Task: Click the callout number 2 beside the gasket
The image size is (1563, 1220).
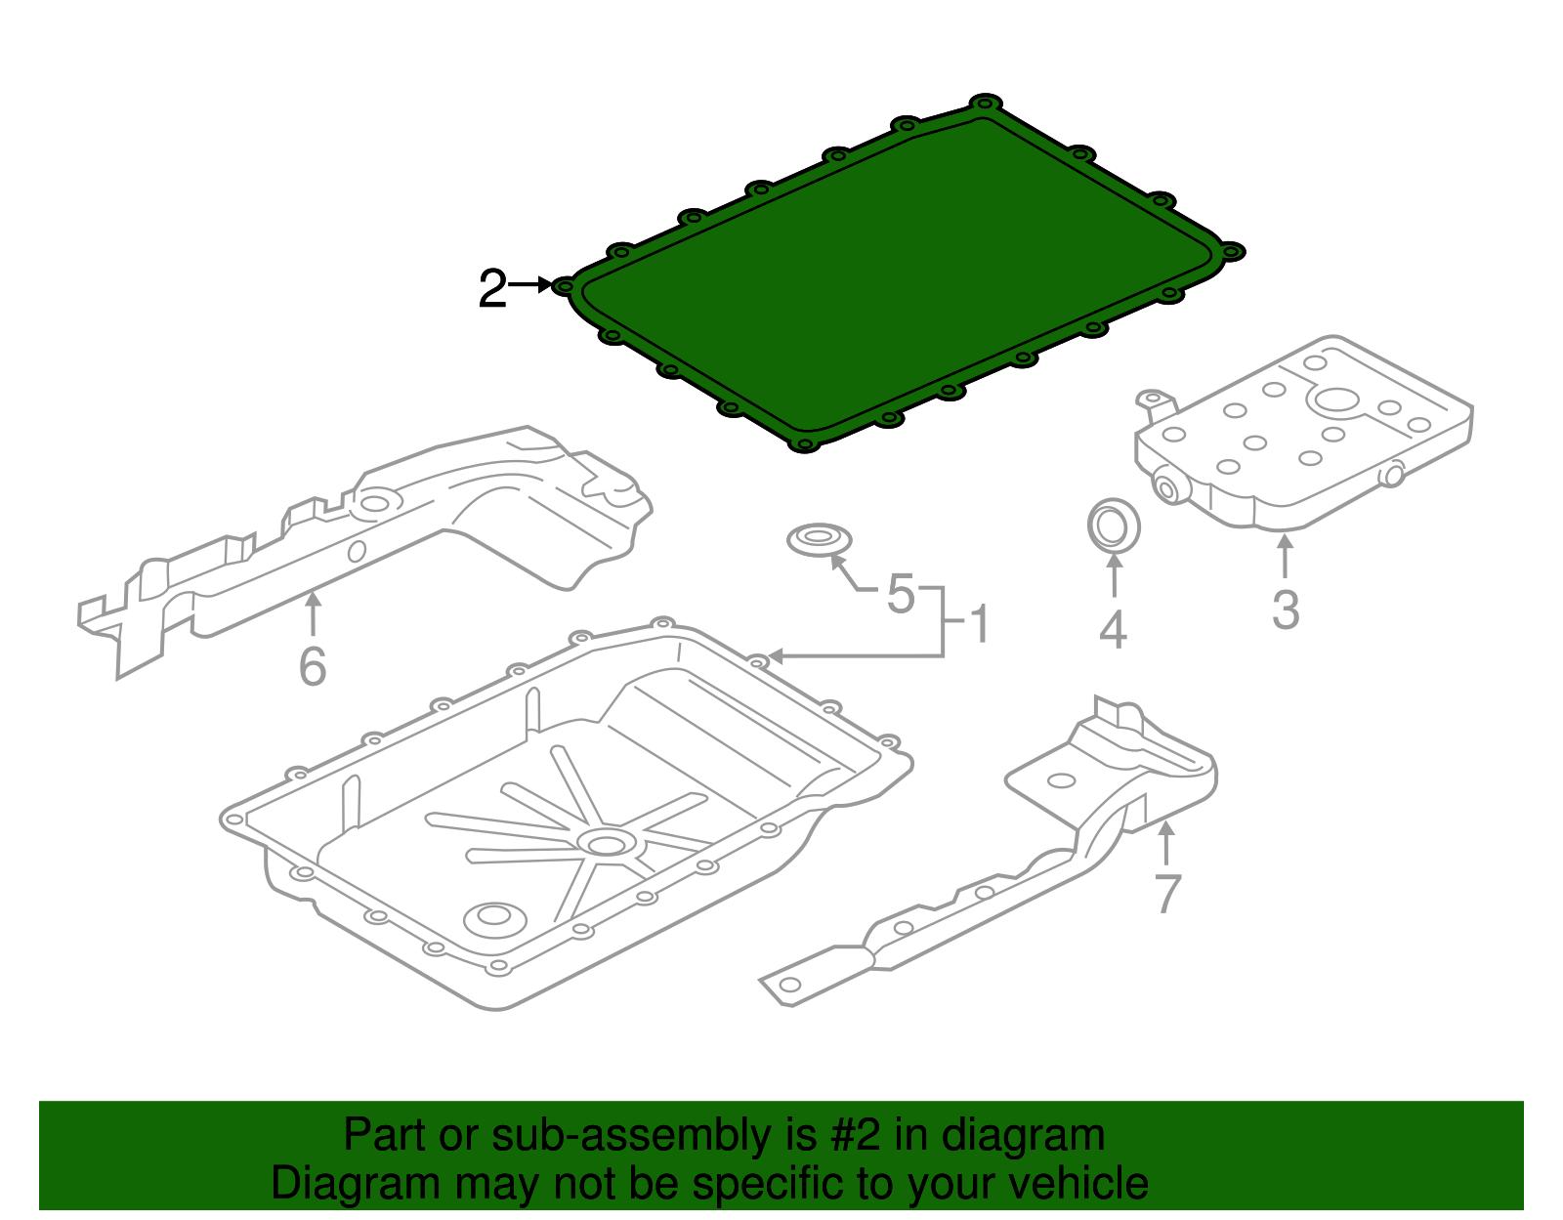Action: [x=492, y=289]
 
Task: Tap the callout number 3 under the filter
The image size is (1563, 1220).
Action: [x=1286, y=610]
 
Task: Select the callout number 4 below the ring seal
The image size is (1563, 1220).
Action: [x=1113, y=630]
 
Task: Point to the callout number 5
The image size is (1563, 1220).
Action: [x=901, y=594]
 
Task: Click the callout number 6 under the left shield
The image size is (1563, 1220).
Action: [x=312, y=667]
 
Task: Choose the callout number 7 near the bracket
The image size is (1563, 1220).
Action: [x=1167, y=893]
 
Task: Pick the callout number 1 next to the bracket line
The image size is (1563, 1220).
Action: [x=979, y=624]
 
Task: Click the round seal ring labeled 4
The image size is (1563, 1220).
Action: [x=1113, y=526]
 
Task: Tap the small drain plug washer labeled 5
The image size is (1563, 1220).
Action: [x=819, y=538]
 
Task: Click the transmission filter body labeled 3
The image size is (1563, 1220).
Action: [x=1299, y=440]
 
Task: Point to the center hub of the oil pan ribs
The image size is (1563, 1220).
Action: [x=607, y=843]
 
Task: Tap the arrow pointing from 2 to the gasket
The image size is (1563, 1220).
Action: [x=531, y=284]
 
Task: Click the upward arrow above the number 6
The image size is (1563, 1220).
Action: [x=313, y=613]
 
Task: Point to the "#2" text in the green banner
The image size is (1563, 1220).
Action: [x=855, y=1135]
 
